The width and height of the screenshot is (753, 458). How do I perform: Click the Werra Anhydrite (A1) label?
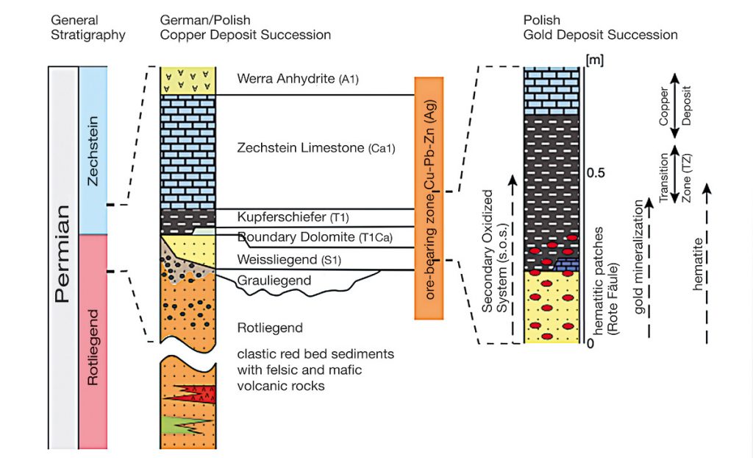[x=298, y=79]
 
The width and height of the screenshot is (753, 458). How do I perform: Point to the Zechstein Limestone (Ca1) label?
[x=317, y=148]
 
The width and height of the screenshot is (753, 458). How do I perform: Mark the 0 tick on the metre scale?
[x=589, y=343]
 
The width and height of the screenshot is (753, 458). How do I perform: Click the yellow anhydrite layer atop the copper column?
[x=188, y=80]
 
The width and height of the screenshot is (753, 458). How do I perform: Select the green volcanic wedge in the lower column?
[x=180, y=425]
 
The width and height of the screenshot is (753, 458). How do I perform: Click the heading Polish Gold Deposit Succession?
[x=600, y=28]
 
